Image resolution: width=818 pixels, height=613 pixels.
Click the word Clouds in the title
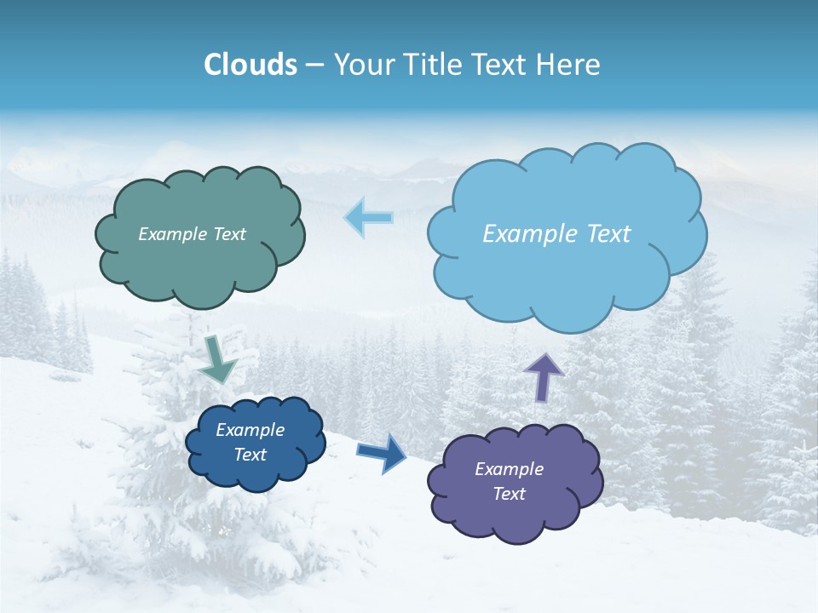(x=251, y=65)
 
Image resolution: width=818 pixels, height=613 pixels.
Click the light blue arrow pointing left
(x=368, y=218)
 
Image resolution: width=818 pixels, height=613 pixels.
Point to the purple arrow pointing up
(x=544, y=376)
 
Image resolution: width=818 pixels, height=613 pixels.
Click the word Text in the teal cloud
(x=229, y=234)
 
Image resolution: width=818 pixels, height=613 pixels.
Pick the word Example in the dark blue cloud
(x=250, y=430)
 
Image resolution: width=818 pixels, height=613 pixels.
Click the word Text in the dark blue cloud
(x=250, y=455)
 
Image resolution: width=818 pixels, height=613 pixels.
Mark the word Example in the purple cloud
(x=509, y=469)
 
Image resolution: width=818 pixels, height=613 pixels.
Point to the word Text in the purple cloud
(x=509, y=494)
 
